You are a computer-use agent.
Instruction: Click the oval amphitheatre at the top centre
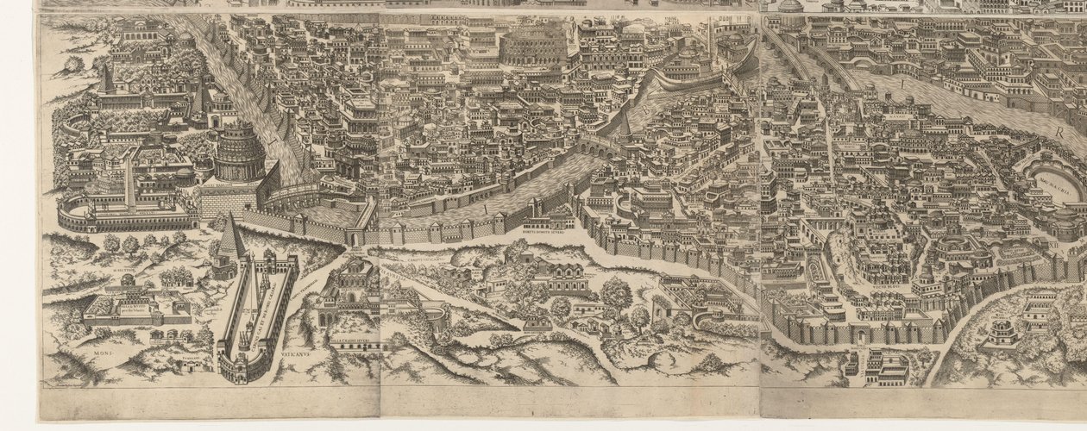click(x=534, y=47)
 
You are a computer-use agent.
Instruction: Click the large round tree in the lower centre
click(x=616, y=293)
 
